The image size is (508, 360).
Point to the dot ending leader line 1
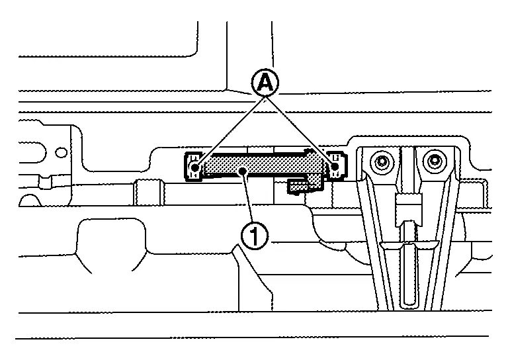coord(244,172)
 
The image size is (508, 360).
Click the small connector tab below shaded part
coord(300,186)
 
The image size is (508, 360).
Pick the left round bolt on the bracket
coord(381,161)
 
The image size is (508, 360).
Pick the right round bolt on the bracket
coord(434,160)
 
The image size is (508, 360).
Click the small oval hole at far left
coord(61,152)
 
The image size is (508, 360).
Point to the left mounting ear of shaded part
coord(192,167)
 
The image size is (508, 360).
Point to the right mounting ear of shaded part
coord(337,165)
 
